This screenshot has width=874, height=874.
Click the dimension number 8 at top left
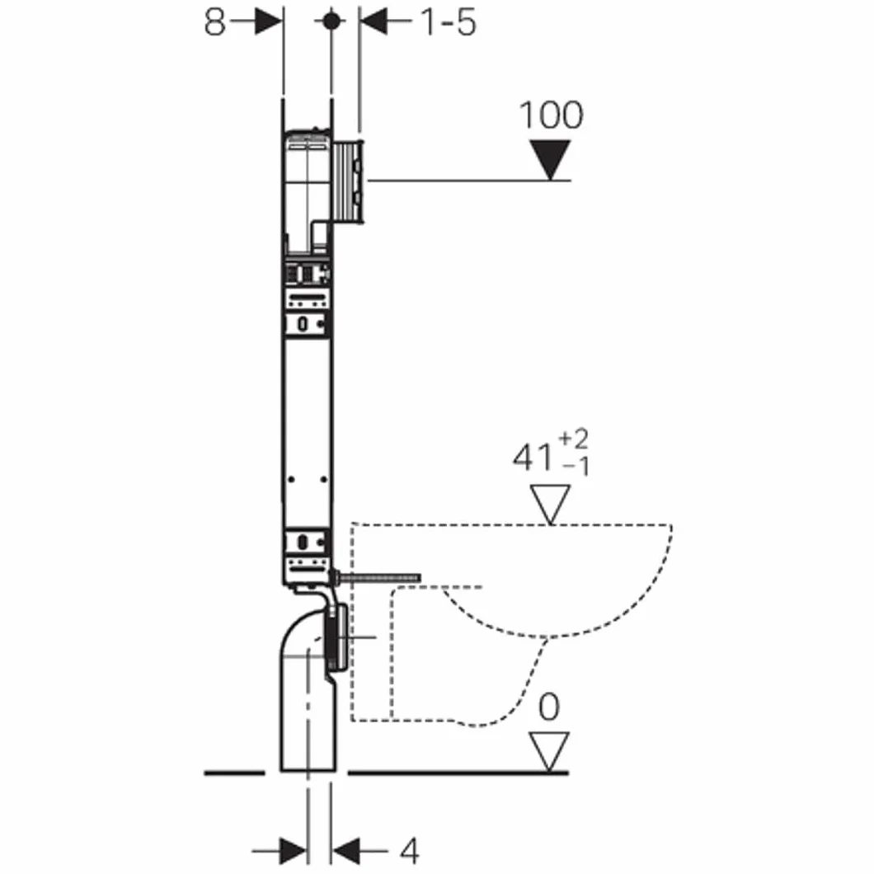click(214, 22)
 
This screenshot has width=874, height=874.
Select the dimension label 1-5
click(449, 22)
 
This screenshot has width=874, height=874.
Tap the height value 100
click(552, 115)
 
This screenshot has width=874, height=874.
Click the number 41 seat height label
click(533, 458)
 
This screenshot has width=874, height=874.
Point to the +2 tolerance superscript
click(573, 439)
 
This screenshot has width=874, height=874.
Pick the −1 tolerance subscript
click(576, 466)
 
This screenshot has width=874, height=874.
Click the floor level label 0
click(549, 707)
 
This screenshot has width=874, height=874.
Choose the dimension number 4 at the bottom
click(410, 851)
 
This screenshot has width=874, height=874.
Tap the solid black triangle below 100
click(550, 159)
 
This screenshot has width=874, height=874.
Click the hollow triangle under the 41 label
click(550, 505)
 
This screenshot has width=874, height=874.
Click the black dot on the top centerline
click(331, 21)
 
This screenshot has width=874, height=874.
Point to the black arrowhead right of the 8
click(269, 21)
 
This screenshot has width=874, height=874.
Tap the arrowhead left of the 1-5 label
click(374, 21)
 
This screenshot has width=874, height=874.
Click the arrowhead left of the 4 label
click(345, 851)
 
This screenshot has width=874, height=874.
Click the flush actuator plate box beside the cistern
click(349, 181)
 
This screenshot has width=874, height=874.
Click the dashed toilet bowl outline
click(511, 625)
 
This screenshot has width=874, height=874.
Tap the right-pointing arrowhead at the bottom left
click(293, 851)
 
